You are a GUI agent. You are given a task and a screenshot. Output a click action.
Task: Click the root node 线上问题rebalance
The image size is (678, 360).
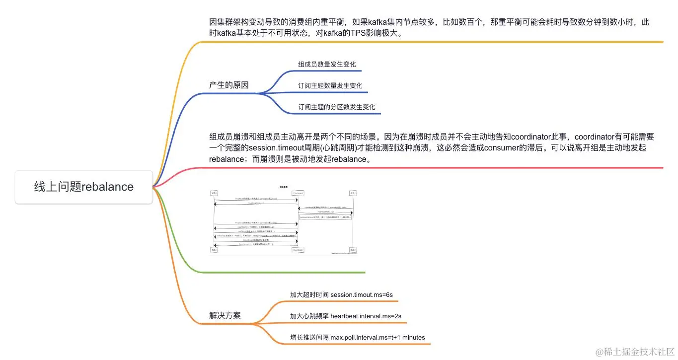coord(83,187)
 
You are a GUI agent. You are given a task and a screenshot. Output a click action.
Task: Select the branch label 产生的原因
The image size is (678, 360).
coord(228,85)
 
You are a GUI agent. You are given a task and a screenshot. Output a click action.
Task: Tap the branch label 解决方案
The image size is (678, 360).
coord(225,316)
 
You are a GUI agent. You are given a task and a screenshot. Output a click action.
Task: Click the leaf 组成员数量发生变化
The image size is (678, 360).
coord(327,65)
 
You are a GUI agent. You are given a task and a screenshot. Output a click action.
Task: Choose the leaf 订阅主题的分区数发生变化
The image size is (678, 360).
coord(336,107)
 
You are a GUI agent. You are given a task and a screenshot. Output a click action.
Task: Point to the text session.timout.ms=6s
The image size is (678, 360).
coord(361,294)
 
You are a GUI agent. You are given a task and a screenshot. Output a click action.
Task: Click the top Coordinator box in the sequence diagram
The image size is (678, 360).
coord(298,193)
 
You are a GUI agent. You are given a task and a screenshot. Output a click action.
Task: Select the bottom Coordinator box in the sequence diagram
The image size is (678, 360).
coord(298,250)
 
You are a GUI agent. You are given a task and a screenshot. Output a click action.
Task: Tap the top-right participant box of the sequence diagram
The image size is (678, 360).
coord(353,193)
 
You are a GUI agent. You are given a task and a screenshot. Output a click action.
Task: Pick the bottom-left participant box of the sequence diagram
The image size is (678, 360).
coord(214,250)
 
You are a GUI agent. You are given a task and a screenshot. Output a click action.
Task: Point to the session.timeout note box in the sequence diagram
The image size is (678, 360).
coord(325,217)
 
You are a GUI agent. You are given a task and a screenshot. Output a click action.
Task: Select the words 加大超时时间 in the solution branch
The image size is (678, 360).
coord(309,294)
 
